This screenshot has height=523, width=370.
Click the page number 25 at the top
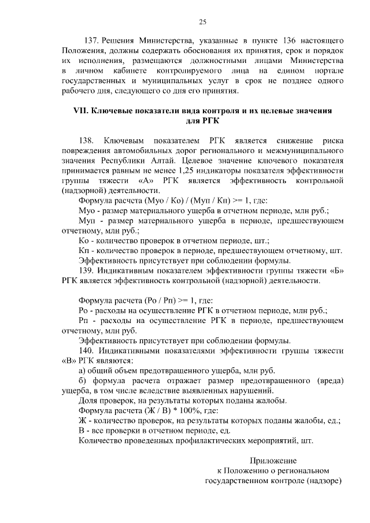click(202, 22)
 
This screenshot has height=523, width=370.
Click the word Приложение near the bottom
click(272, 461)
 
